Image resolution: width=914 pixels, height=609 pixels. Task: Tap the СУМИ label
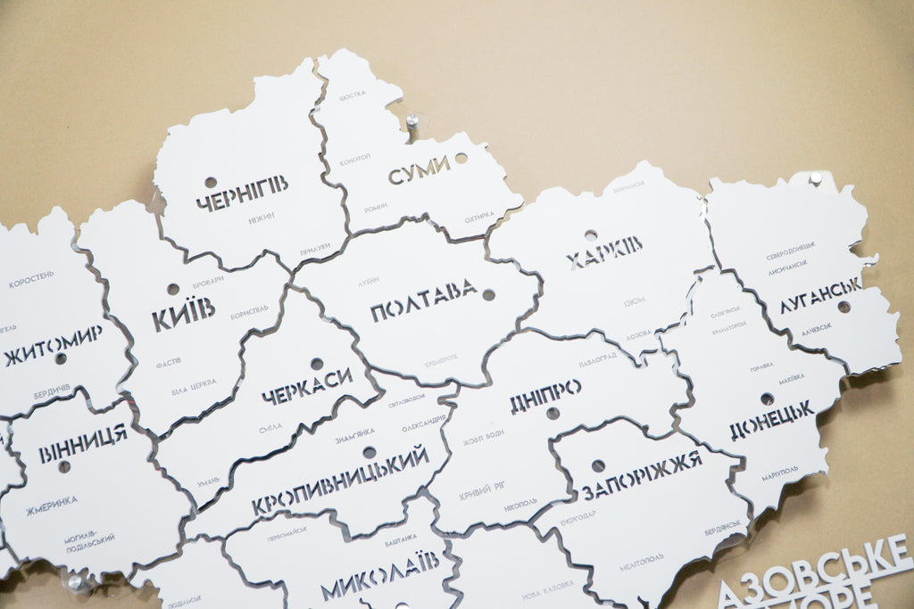tap(419, 170)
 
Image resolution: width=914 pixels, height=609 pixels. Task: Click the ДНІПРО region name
tap(545, 396)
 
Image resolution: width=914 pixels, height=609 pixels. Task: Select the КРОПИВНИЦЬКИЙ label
tap(340, 481)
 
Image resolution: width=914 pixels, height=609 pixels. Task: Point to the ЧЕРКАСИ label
tap(307, 385)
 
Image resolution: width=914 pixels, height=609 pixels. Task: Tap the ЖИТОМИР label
tap(54, 345)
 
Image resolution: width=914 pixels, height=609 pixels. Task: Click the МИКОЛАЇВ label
tap(379, 575)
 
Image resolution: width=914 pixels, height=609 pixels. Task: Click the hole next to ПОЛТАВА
tap(488, 294)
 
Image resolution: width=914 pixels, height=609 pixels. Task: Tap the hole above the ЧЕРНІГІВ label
tap(211, 182)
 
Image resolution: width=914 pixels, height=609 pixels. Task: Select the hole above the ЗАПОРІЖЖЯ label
tap(598, 465)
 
